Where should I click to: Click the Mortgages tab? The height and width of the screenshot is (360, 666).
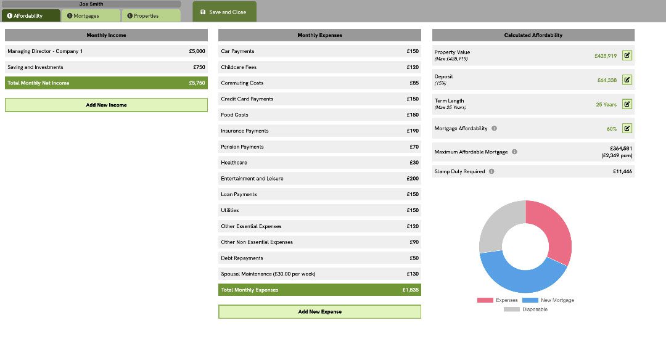point(90,16)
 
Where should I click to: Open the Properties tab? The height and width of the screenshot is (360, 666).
point(150,16)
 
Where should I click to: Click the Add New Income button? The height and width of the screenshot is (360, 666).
point(106,105)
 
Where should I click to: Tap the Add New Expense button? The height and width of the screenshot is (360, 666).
point(319,312)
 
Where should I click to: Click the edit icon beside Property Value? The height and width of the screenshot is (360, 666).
point(627,55)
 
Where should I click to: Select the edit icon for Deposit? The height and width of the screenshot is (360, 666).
point(627,80)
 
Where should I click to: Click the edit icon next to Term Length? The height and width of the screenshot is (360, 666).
point(627,104)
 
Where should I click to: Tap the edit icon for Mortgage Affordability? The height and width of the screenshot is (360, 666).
point(627,128)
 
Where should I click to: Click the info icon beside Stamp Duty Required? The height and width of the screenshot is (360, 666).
point(491,171)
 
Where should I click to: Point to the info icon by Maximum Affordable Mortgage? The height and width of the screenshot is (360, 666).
point(514,152)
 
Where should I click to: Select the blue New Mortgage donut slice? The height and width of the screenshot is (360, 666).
point(518,274)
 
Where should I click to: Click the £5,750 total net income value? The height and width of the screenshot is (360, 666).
point(197,83)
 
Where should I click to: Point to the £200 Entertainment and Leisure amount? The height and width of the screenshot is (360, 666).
point(413,179)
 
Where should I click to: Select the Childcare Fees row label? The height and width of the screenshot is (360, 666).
point(239,67)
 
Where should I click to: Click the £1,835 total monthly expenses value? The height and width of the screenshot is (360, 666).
point(410,290)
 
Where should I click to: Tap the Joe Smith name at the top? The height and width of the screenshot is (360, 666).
point(91,4)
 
